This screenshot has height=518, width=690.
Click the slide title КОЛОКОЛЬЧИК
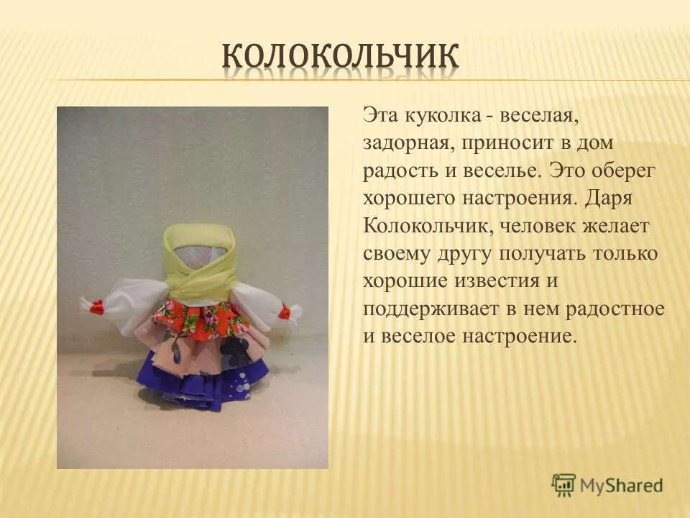pos(340,57)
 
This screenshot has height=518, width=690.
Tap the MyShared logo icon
pos(564,483)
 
